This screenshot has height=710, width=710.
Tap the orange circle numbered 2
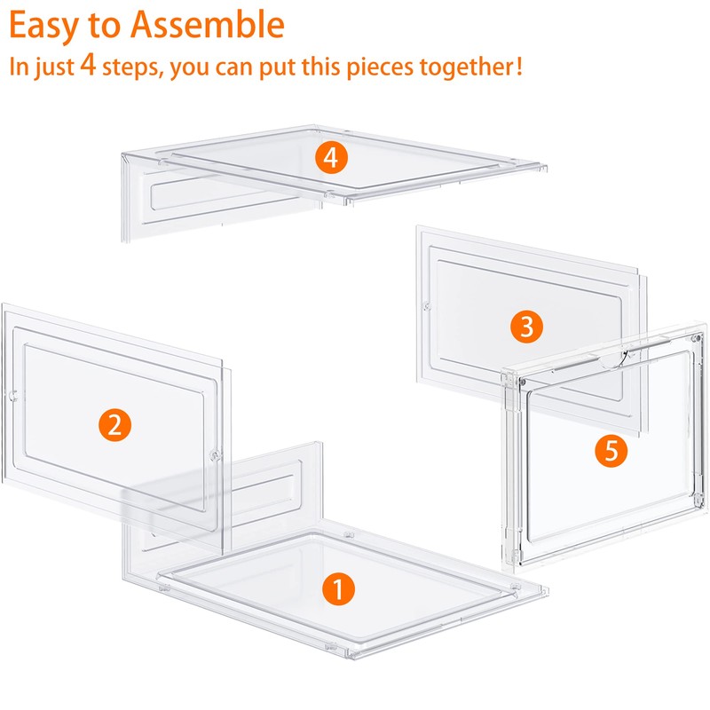point(114,424)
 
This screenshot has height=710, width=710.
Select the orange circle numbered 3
point(526,327)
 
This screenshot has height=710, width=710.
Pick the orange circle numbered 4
point(330,158)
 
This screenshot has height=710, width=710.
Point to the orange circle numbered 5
point(610,450)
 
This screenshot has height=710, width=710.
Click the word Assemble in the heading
point(207,25)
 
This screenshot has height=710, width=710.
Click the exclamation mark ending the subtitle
point(517,67)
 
